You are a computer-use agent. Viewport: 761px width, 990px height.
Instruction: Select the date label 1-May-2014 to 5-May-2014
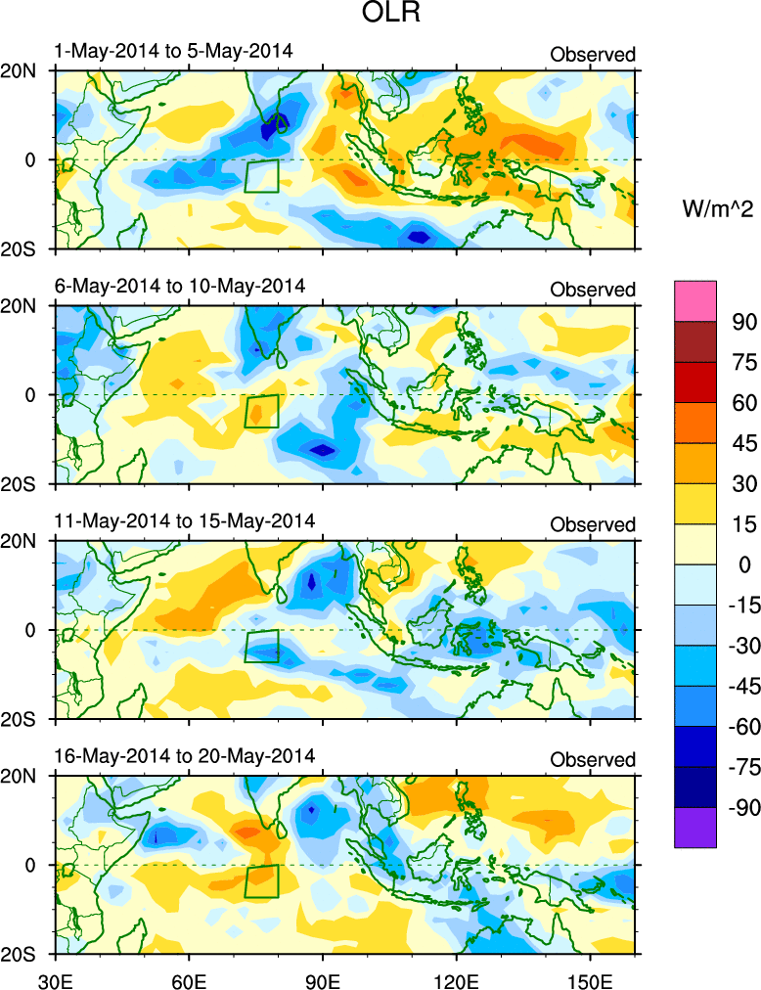[x=174, y=51]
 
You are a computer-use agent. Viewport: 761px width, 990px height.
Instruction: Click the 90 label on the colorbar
[x=746, y=322]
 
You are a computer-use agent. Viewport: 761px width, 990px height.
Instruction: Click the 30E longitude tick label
[x=54, y=975]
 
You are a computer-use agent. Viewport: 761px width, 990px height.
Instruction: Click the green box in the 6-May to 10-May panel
[x=261, y=411]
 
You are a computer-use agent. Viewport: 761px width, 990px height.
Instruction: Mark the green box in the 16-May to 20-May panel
[x=261, y=880]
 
